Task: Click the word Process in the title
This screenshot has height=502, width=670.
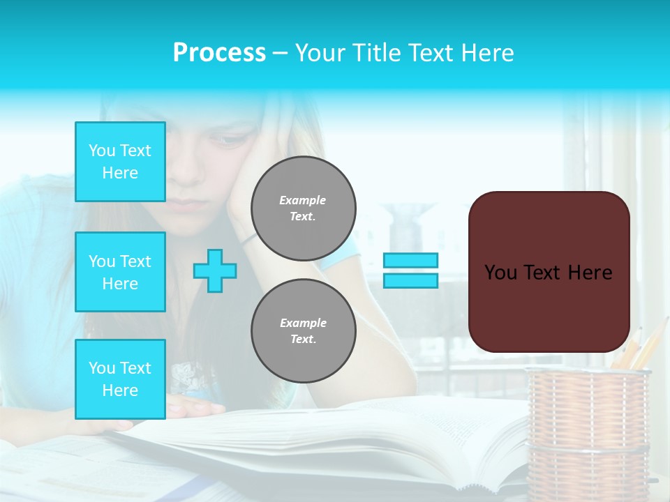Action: (x=219, y=53)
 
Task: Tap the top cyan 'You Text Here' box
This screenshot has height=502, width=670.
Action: (x=120, y=162)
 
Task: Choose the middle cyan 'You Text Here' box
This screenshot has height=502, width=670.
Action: (x=120, y=272)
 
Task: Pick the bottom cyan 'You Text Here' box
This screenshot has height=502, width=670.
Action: (x=120, y=379)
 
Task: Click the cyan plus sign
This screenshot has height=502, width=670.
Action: (x=215, y=271)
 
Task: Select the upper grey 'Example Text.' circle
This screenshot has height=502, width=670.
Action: (x=303, y=208)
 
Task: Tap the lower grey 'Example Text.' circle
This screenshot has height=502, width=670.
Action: (x=303, y=331)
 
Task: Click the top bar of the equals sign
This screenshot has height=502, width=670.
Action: (x=410, y=261)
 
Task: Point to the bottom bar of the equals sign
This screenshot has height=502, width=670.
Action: (x=410, y=280)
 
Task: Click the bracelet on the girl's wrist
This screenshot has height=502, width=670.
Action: (x=248, y=238)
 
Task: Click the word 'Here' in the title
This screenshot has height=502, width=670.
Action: (x=487, y=53)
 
